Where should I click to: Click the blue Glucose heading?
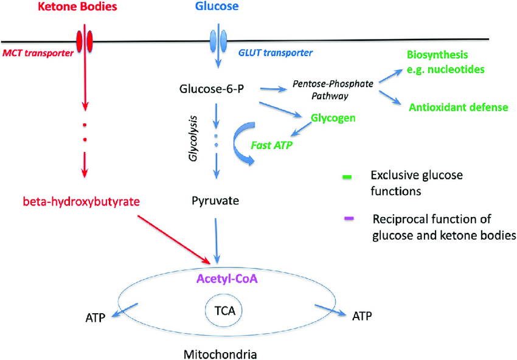217,7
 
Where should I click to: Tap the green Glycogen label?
333,117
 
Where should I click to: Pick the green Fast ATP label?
272,147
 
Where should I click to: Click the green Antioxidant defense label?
458,108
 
